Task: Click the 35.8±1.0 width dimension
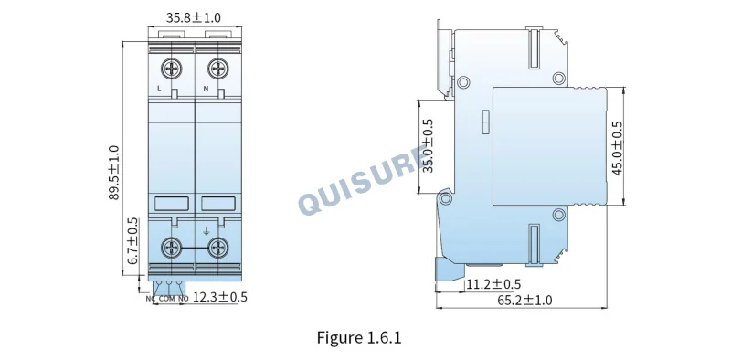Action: pos(194,17)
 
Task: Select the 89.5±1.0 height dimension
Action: pos(114,173)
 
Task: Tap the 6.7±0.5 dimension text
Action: pos(132,241)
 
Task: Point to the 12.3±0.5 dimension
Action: pos(220,297)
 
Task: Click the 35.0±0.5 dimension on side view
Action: pos(428,145)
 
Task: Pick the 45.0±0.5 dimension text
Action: pos(617,148)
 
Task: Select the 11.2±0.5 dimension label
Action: pos(493,284)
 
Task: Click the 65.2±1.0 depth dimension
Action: pos(524,301)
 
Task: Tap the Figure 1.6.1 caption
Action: pos(359,337)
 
